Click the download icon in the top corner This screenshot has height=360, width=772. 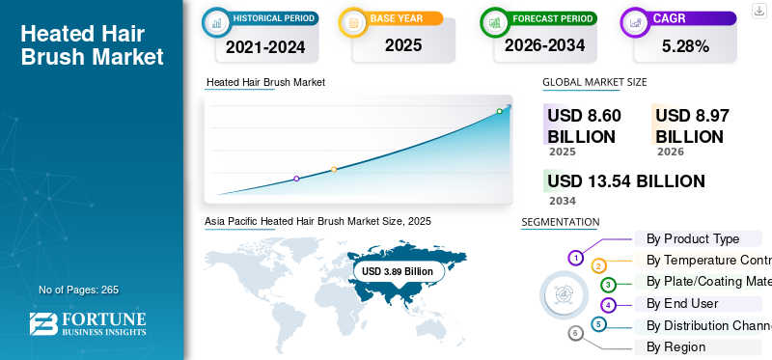click(x=759, y=11)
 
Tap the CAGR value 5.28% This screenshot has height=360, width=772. click(x=685, y=46)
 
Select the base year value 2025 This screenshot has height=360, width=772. click(x=403, y=45)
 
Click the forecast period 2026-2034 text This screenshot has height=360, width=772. click(x=544, y=45)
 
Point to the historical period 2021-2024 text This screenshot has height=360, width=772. click(x=265, y=46)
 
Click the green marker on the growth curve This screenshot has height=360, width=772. click(x=499, y=111)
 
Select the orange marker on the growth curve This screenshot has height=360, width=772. click(x=334, y=170)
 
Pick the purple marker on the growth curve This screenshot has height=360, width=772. click(x=296, y=179)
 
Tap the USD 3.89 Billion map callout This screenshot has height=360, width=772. click(x=398, y=271)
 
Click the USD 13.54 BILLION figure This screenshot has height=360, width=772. click(x=626, y=181)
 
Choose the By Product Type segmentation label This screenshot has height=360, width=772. click(x=693, y=238)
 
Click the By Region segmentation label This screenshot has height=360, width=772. click(x=676, y=346)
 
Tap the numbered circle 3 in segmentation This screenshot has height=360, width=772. click(x=609, y=285)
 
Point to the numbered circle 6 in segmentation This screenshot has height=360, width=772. click(x=575, y=334)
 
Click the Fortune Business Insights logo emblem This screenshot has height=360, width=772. click(x=43, y=324)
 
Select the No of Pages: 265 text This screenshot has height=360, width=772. click(x=79, y=290)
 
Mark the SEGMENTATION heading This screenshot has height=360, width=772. click(x=561, y=222)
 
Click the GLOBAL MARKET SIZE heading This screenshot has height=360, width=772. click(x=594, y=82)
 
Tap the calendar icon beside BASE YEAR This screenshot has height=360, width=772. click(x=353, y=22)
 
